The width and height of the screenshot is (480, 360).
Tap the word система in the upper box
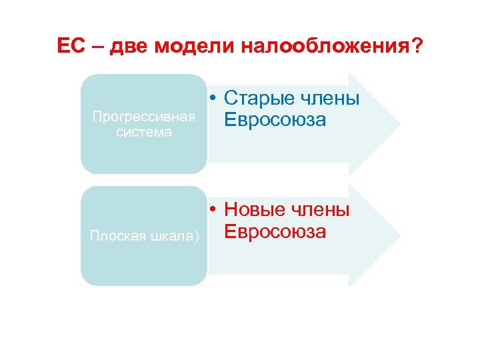(x=144, y=132)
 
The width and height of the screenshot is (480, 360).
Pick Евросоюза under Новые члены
(x=275, y=231)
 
